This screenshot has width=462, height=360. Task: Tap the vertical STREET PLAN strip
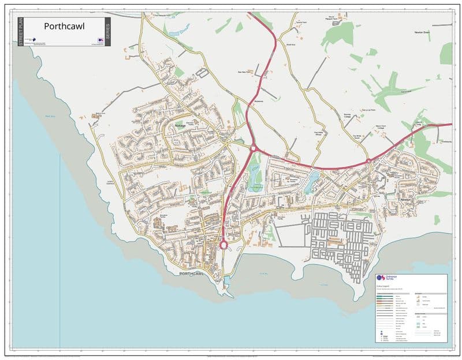pyautogui.click(x=21, y=32)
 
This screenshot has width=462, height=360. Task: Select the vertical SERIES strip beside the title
pyautogui.click(x=108, y=32)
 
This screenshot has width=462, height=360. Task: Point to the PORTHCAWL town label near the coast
pyautogui.click(x=192, y=273)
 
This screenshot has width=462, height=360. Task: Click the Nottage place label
pyautogui.click(x=181, y=125)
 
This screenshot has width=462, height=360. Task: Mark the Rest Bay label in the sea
pyautogui.click(x=50, y=116)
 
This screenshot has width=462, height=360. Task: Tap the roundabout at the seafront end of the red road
pyautogui.click(x=223, y=245)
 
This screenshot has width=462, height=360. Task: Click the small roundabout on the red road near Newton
pyautogui.click(x=368, y=161)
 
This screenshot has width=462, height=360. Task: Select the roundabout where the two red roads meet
pyautogui.click(x=252, y=148)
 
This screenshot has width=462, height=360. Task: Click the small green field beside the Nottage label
pyautogui.click(x=180, y=72)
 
